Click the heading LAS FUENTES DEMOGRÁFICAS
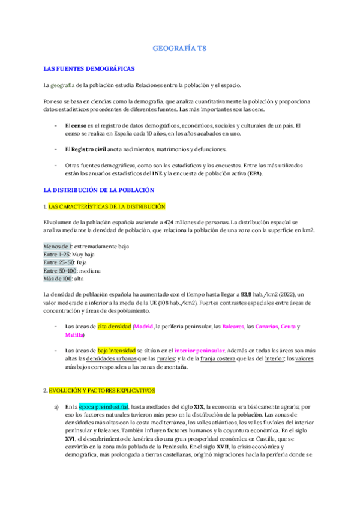[x=89, y=68]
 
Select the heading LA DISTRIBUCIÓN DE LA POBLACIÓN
[x=100, y=190]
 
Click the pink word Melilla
[x=74, y=334]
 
